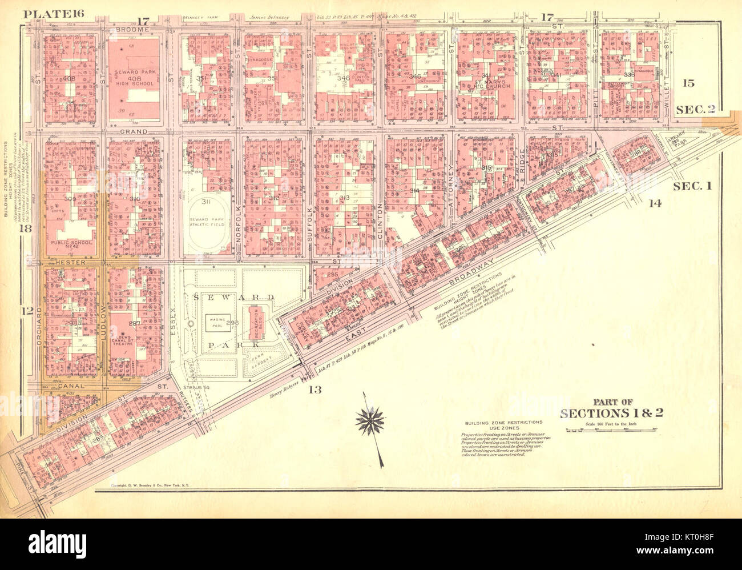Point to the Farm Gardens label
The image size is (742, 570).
[x=259, y=359]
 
